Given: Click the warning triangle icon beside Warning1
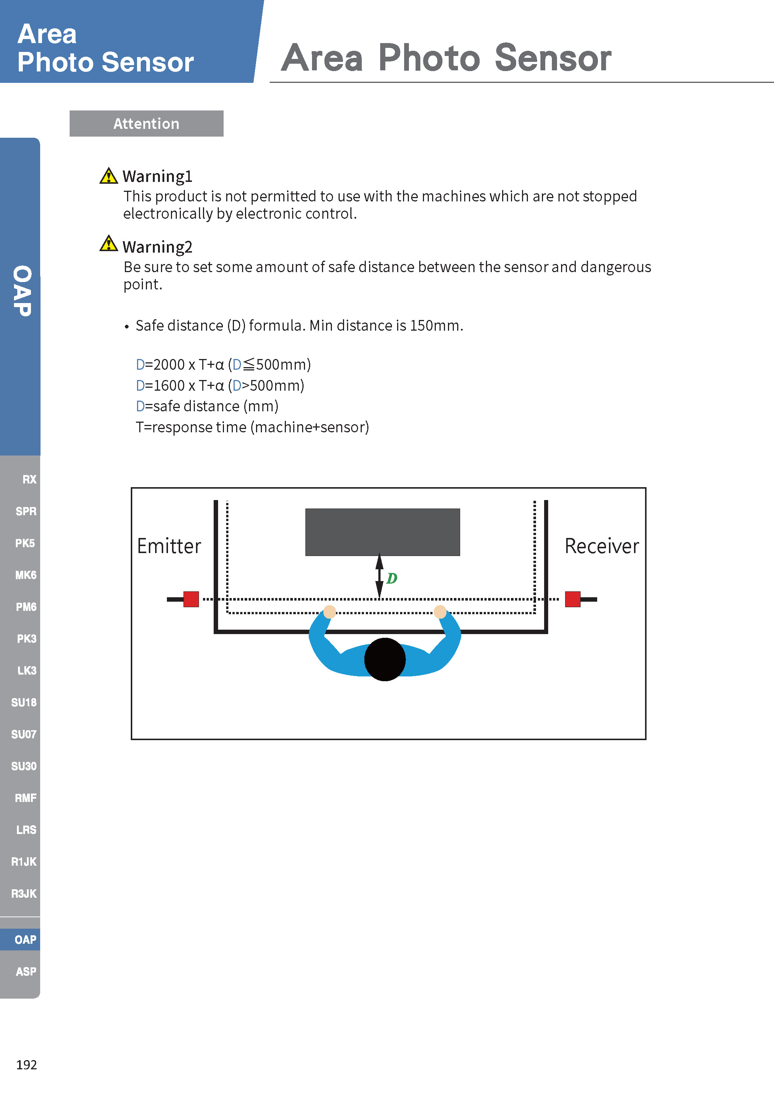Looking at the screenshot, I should coord(109,176).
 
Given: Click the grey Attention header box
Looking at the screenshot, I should coord(146,123).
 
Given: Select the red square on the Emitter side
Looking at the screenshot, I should coord(191,599).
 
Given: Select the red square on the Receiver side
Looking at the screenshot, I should coord(572,599).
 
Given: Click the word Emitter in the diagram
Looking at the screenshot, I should coord(169,546).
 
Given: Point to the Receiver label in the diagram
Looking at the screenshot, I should coord(602,546).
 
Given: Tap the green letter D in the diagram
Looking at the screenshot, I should coord(392,578).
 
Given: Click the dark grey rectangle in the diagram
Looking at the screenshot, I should coord(382,532).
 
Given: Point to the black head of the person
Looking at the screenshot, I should coord(385,659).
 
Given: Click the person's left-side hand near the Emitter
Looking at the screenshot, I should coord(329,611).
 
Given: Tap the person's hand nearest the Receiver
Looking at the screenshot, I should coord(440,611).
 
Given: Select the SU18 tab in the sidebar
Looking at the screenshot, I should coord(24,702).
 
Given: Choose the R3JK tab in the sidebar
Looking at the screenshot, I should coord(24,893).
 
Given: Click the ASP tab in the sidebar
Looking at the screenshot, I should coord(26,971).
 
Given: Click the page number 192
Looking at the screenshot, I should coord(26,1065).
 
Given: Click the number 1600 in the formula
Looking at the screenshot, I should coord(169,386).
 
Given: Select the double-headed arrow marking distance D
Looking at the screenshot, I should coord(379,576).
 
